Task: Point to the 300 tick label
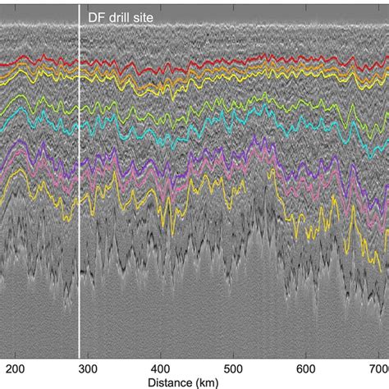click(91, 368)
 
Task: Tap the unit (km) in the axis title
click(218, 382)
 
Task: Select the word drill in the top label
click(117, 16)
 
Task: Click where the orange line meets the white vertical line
click(79, 69)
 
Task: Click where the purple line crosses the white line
click(79, 161)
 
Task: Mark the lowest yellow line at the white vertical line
click(79, 187)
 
